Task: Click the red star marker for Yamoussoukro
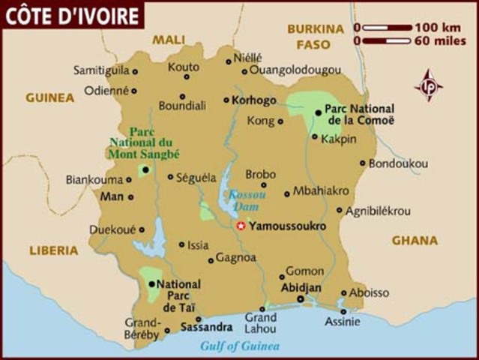tap(241, 226)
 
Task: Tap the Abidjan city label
tap(301, 287)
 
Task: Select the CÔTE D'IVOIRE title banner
tap(72, 14)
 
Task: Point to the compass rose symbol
tap(429, 85)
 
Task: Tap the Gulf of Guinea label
tap(239, 346)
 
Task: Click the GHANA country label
tap(415, 241)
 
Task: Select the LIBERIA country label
tap(54, 250)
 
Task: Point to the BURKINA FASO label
tap(315, 37)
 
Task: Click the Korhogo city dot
tap(226, 100)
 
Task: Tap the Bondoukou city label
tap(398, 163)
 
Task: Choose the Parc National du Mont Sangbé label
tap(145, 142)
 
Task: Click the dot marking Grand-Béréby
tap(167, 330)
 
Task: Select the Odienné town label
tap(106, 90)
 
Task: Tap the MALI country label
tap(168, 40)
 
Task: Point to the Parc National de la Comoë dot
tap(319, 112)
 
